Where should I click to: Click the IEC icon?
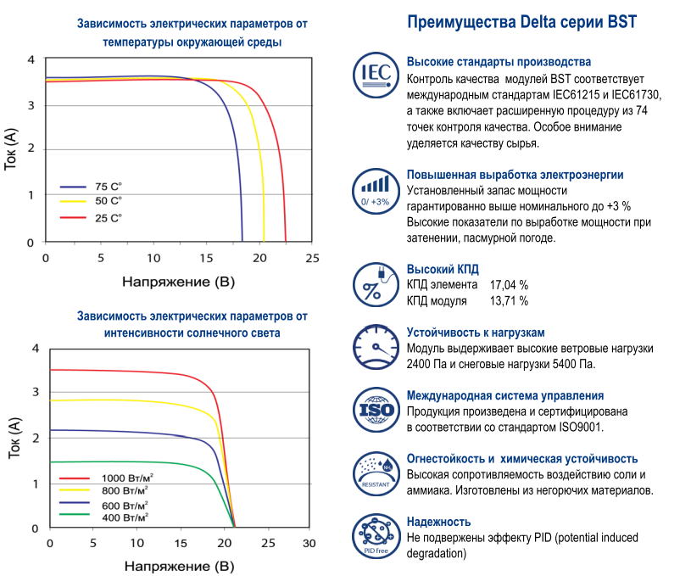375,75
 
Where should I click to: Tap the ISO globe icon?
375,411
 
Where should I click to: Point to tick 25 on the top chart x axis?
312,258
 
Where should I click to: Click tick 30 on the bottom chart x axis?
309,543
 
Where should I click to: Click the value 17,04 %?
509,285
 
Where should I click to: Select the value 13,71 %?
509,300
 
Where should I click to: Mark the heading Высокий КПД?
443,269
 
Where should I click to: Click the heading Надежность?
438,522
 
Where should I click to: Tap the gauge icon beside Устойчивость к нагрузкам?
375,347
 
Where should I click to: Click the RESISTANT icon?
375,473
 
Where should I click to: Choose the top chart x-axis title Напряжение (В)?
178,281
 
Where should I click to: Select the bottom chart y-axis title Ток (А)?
14,438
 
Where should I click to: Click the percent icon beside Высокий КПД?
375,284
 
